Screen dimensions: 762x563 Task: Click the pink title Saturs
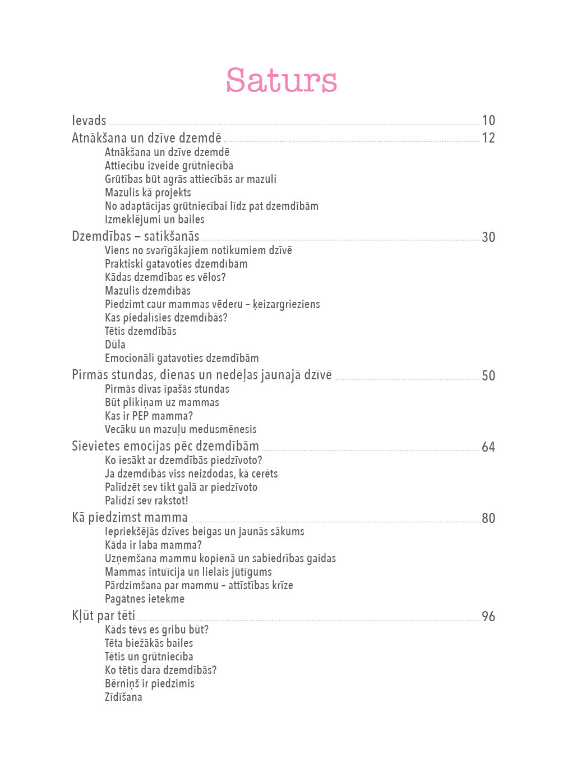[x=281, y=80]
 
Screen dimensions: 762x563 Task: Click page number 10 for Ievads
[x=488, y=121]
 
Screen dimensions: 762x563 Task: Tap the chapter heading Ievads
[x=89, y=121]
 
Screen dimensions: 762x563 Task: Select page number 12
[x=488, y=138]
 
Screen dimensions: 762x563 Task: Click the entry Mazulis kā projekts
[x=148, y=192]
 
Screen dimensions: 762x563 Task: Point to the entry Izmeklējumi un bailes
[x=155, y=219]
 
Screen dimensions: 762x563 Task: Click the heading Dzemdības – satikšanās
[x=135, y=236]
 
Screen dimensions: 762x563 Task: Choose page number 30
[x=488, y=237]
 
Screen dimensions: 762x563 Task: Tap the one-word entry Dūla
[x=115, y=345]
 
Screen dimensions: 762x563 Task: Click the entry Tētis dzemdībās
[x=141, y=331]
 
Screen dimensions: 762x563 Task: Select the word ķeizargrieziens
[x=286, y=304]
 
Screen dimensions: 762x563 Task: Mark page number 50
[x=488, y=376]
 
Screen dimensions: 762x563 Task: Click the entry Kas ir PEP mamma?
[x=149, y=416]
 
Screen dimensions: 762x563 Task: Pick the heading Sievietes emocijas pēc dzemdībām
[x=165, y=446]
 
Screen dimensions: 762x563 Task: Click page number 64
[x=488, y=447]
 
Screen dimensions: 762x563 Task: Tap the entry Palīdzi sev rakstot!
[x=146, y=501]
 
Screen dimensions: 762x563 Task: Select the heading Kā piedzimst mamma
[x=130, y=517]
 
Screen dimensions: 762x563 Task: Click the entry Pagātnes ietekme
[x=145, y=599]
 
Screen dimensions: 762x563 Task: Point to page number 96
[x=488, y=617]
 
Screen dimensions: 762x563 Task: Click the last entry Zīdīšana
[x=123, y=697]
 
